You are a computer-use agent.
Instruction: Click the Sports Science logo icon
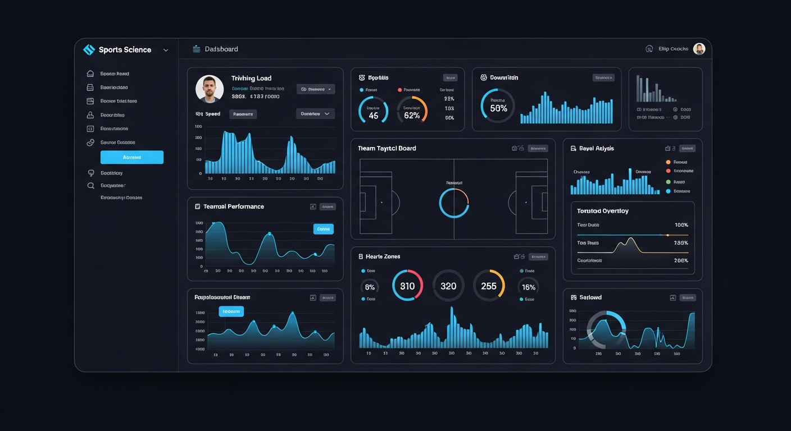click(89, 50)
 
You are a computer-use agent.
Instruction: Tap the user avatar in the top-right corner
click(699, 49)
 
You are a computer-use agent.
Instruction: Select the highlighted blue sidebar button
click(132, 157)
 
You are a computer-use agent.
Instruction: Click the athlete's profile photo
click(210, 89)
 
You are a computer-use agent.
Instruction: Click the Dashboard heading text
click(221, 49)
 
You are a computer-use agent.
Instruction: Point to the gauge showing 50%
click(498, 106)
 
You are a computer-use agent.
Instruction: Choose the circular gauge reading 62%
click(412, 109)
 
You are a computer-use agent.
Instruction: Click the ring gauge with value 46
click(373, 110)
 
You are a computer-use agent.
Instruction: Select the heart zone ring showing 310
click(407, 286)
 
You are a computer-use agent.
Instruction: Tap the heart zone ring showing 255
click(489, 286)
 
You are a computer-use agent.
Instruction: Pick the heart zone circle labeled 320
click(448, 286)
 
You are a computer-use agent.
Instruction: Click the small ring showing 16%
click(528, 287)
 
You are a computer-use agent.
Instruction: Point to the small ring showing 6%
click(370, 287)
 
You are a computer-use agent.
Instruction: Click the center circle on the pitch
click(454, 203)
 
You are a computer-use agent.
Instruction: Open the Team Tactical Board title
click(387, 149)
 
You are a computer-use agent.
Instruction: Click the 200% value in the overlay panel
click(680, 260)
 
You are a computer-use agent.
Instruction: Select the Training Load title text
click(251, 79)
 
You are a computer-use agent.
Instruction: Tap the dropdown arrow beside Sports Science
click(166, 50)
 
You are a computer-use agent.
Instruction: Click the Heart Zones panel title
click(383, 256)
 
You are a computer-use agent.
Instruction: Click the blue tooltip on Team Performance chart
click(323, 229)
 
